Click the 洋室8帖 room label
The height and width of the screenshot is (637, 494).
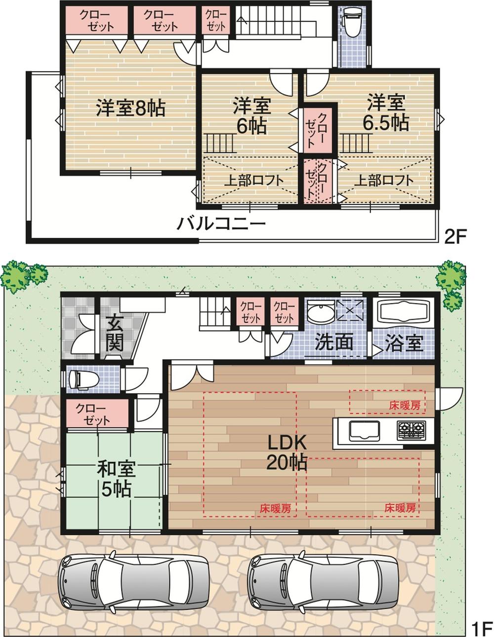click(130, 109)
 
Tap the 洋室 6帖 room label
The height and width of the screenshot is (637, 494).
click(251, 116)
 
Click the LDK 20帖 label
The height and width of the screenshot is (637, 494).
click(287, 452)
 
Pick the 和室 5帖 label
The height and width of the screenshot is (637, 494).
click(116, 479)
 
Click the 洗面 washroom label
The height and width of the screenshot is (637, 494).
click(334, 342)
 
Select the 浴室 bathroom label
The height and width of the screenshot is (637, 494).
click(404, 343)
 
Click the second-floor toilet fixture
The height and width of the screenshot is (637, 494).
click(352, 22)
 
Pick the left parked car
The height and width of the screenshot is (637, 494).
click(133, 582)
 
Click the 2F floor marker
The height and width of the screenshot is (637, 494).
click(454, 237)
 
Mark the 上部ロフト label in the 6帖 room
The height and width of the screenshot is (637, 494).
click(253, 180)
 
